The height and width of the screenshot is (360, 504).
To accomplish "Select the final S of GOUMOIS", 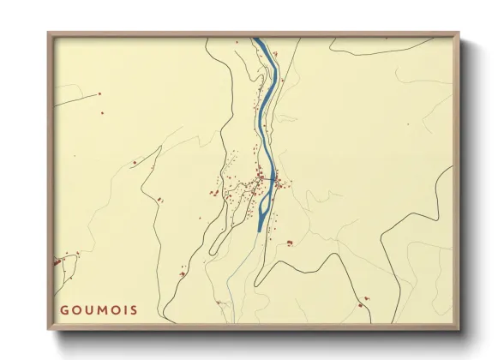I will tap(133, 309).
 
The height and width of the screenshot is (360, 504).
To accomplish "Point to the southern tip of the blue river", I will tap(260, 229).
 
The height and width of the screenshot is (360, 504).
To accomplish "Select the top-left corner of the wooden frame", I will tap(49, 33).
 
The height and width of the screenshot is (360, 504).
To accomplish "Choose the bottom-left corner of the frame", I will tap(49, 329).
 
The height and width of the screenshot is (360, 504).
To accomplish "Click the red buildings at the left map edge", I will tap(62, 258).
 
